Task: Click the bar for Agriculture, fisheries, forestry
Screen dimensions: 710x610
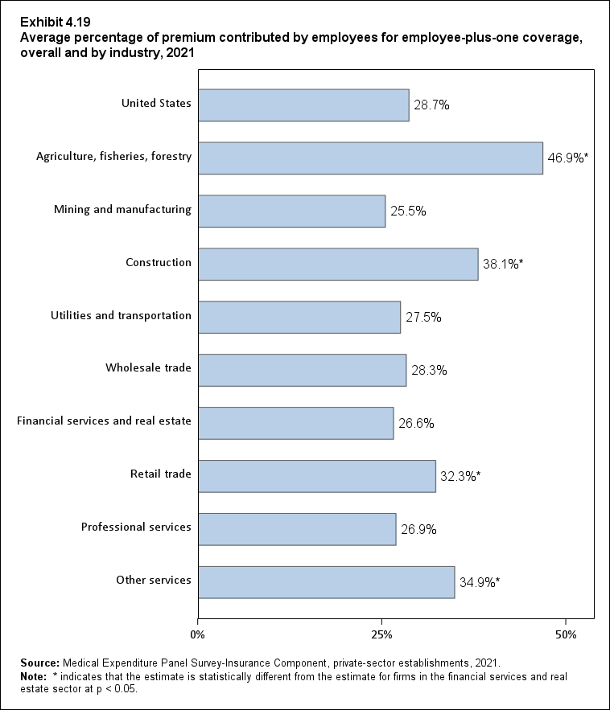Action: click(370, 158)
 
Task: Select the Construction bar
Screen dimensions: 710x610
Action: click(338, 264)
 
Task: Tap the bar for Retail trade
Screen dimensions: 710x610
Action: click(316, 476)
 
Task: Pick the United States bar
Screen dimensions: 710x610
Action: click(303, 105)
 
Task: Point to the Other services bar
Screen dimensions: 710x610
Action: click(326, 582)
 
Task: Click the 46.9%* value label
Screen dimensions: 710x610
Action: click(569, 158)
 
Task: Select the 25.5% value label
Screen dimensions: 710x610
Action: click(408, 211)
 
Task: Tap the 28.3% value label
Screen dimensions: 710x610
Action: click(429, 371)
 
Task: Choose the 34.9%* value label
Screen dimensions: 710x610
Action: click(479, 582)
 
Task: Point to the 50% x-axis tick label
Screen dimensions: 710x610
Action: click(566, 635)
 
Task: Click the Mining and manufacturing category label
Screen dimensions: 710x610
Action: click(122, 210)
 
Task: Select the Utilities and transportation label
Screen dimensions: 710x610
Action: click(120, 315)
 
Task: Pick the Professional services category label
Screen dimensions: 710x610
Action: click(136, 527)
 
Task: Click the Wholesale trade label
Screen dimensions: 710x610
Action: click(148, 368)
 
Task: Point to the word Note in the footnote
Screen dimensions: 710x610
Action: click(34, 677)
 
